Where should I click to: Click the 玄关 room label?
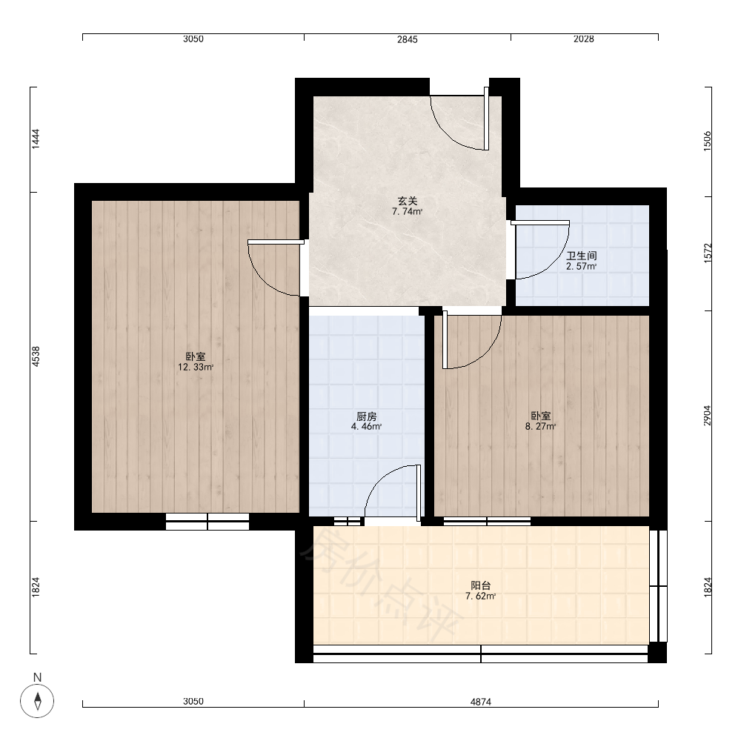[x=407, y=202]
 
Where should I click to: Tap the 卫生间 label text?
[x=581, y=256]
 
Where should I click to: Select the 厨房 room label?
[x=366, y=416]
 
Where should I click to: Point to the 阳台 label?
[x=481, y=585]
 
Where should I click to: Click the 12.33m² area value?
[x=196, y=368]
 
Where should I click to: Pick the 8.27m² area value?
[x=541, y=426]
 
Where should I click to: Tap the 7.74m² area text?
[x=407, y=212]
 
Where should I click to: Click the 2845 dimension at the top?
[x=407, y=40]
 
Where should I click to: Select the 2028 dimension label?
[x=584, y=39]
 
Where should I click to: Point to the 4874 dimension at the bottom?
[x=481, y=702]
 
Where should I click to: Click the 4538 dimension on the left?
[x=36, y=357]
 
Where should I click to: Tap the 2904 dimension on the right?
[x=707, y=416]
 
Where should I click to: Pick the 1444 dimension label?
[x=36, y=139]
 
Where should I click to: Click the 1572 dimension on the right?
[x=707, y=253]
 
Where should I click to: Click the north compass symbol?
[x=37, y=700]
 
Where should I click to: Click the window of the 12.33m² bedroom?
[x=207, y=521]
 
